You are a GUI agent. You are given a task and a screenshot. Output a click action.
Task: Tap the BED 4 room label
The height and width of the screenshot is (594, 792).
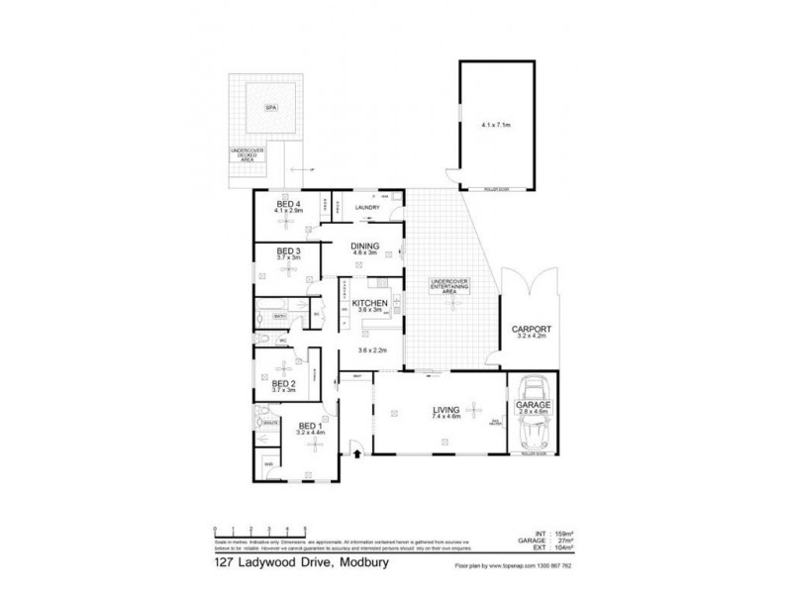(x=289, y=204)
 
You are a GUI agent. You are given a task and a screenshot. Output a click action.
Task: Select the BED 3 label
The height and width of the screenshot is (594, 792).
(x=288, y=251)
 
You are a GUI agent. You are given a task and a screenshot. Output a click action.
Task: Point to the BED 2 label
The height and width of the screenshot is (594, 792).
(x=285, y=384)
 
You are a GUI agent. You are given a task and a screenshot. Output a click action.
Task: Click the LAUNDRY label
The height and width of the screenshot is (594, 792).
(x=368, y=208)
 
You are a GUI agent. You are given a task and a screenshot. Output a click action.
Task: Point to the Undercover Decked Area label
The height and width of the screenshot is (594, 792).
(x=245, y=156)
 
